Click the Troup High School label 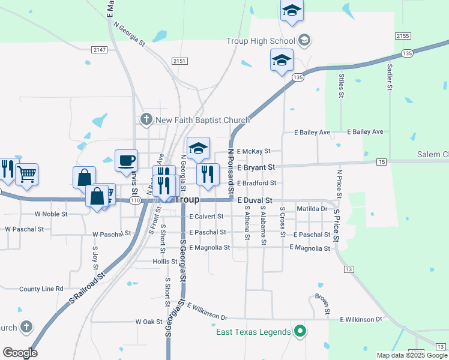[261, 41]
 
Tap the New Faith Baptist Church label [202, 120]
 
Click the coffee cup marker [126, 161]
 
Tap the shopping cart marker [26, 175]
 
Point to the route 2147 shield [99, 50]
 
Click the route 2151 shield [179, 61]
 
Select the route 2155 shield [403, 36]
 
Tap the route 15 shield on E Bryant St [382, 162]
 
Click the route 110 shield [135, 200]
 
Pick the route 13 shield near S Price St [349, 269]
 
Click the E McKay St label [253, 151]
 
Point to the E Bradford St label [256, 183]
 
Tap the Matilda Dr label [312, 209]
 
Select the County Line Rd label [41, 289]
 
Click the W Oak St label [149, 322]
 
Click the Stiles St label [341, 85]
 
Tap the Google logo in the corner [20, 353]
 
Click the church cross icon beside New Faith [146, 120]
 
